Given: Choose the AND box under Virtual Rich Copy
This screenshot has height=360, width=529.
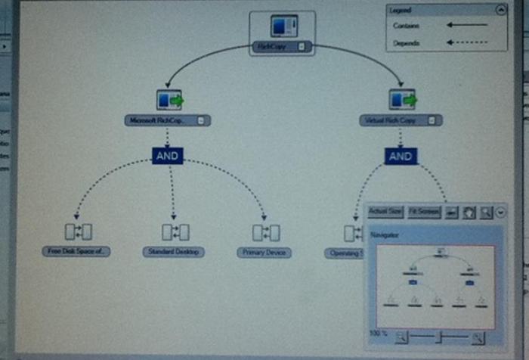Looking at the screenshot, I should tap(401, 156).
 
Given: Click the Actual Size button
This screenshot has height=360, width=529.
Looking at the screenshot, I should tap(385, 213).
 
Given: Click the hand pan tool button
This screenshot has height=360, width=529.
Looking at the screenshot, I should tap(469, 213).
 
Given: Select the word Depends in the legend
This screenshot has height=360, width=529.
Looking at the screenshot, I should tap(405, 44).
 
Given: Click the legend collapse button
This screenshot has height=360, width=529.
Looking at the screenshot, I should tap(500, 10).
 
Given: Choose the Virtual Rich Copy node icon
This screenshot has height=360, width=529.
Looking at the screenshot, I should tap(401, 99).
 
